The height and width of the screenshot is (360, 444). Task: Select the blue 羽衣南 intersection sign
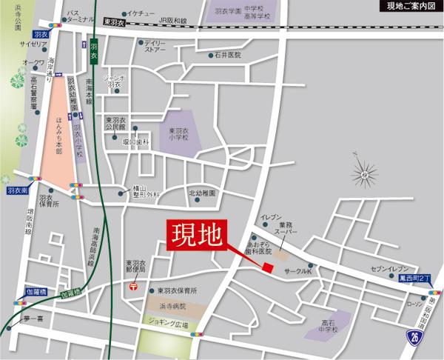(x=14, y=190)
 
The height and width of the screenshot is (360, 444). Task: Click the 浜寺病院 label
(x=172, y=304)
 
